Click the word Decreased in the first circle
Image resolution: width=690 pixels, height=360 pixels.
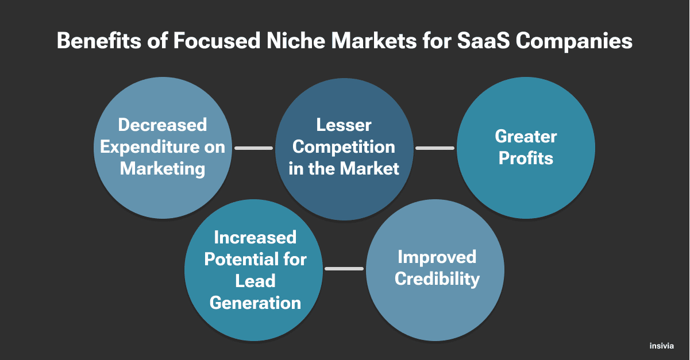[x=163, y=125]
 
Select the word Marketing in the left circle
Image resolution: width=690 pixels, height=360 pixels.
[x=163, y=169]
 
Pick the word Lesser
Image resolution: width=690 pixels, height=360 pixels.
[x=344, y=125]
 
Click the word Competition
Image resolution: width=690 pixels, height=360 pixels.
[x=344, y=146]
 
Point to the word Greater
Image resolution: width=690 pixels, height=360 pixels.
[x=526, y=136]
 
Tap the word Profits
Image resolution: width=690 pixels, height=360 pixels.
[x=526, y=158]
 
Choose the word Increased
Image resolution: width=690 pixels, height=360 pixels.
[x=255, y=237]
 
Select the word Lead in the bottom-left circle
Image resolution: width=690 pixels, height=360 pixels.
[x=255, y=281]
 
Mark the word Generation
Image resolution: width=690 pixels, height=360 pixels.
[x=255, y=303]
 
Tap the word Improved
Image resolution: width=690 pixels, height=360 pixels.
[x=437, y=257]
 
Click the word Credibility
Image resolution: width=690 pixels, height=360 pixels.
[x=437, y=278]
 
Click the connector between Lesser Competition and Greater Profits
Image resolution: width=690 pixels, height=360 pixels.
[x=435, y=148]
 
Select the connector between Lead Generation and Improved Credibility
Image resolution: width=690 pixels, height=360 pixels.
[x=344, y=269]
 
